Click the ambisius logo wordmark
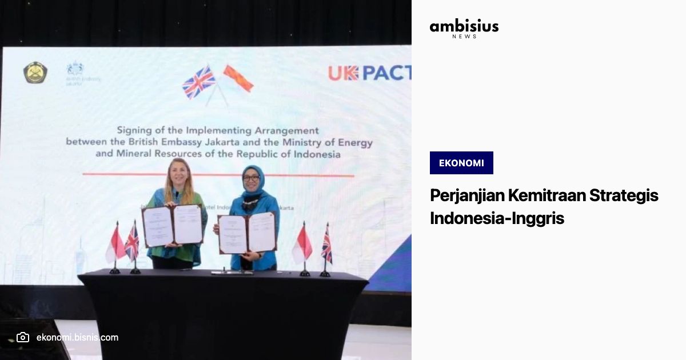pos(464,26)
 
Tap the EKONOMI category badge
pos(461,163)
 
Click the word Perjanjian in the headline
pos(465,196)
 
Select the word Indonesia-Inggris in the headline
pos(497,218)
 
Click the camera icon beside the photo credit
pos(22,337)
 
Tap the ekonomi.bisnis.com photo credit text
pos(77,337)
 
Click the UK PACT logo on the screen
pos(369,73)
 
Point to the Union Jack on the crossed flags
pos(198,82)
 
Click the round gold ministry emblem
pos(35,73)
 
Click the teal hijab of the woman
pos(253,182)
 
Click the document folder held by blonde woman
pos(173,225)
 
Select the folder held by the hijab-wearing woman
pos(247,233)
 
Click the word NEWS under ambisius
pos(464,37)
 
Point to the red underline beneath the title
pos(218,174)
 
